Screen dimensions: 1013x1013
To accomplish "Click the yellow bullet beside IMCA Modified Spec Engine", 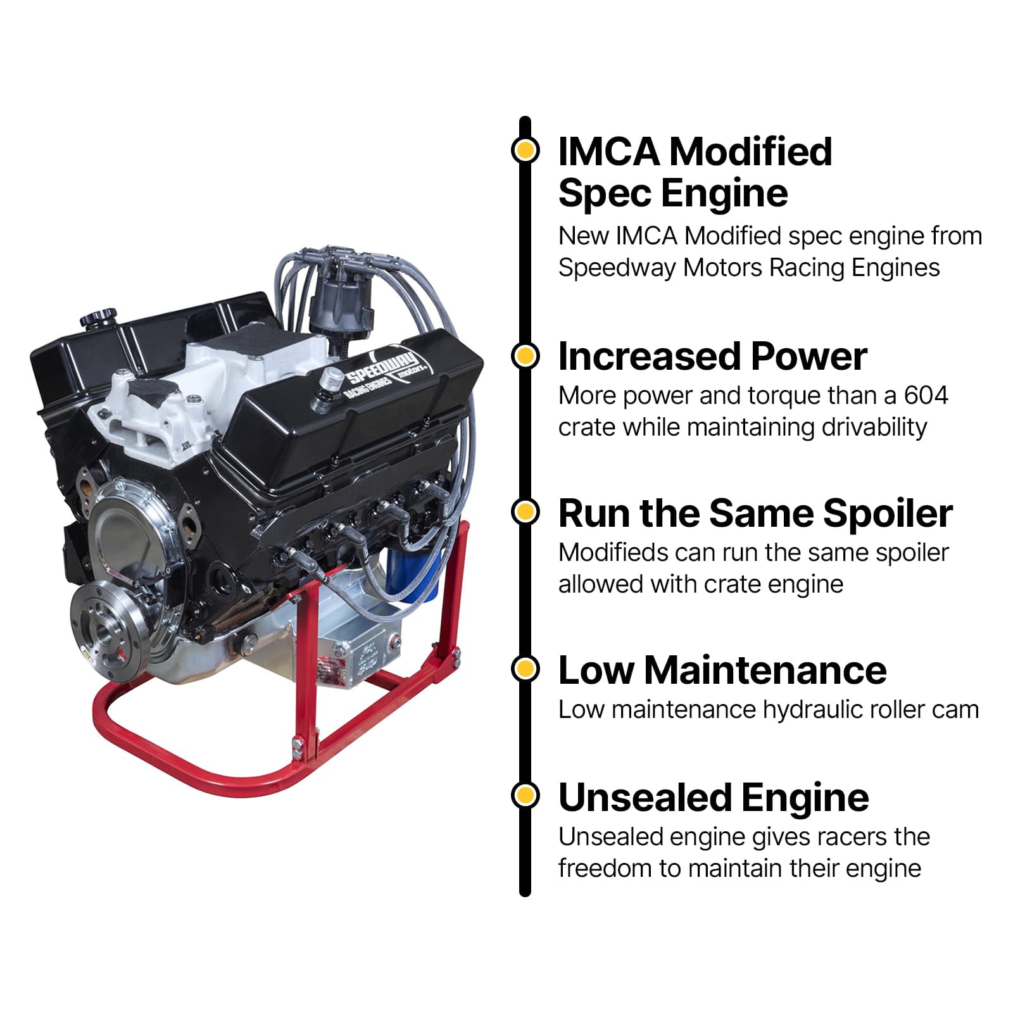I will tap(525, 151).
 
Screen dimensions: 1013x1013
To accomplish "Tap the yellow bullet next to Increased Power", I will tap(525, 356).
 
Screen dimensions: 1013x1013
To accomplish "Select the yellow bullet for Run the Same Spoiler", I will tap(525, 512).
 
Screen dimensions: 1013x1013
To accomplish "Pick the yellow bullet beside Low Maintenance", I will tap(525, 669).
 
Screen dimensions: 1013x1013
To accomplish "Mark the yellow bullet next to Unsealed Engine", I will tap(525, 795).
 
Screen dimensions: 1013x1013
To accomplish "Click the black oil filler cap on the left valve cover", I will tap(99, 317).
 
